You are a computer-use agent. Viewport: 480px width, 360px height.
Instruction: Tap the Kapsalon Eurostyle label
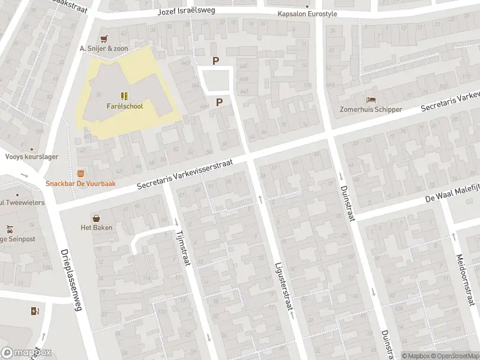click(307, 14)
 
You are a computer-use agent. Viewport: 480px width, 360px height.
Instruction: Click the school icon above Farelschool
click(124, 96)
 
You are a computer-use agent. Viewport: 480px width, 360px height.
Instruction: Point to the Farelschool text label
click(124, 106)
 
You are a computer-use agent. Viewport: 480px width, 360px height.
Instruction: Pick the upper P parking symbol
click(216, 61)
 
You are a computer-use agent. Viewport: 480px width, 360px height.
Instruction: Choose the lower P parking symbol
click(219, 102)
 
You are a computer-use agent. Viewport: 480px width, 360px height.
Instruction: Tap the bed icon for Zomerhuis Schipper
click(371, 100)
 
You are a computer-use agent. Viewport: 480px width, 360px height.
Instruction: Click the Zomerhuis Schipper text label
click(371, 110)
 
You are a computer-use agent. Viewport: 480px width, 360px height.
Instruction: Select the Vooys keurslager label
click(32, 157)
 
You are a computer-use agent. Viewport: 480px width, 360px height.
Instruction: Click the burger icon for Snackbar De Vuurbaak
click(80, 173)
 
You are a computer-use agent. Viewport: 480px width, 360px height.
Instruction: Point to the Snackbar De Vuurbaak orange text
click(80, 184)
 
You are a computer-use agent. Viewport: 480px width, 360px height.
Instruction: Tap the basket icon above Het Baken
click(96, 217)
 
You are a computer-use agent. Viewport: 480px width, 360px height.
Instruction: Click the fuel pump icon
click(34, 311)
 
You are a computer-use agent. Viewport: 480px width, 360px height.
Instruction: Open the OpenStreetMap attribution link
click(454, 355)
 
